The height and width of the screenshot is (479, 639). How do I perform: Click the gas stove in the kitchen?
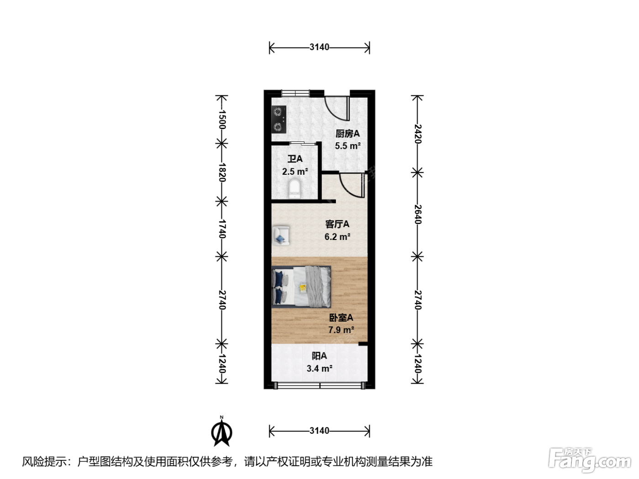278,119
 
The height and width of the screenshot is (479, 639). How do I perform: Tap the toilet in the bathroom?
294,189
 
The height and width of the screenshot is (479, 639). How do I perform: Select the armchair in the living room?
281,235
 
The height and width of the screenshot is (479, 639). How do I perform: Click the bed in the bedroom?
301,287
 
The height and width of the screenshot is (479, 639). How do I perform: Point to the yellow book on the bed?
303,288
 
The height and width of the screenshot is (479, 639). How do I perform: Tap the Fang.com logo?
590,460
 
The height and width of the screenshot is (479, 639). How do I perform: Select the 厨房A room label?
348,134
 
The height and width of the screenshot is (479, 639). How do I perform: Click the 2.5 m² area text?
295,172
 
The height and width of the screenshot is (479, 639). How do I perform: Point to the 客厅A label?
337,224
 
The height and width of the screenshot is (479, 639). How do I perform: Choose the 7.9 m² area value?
341,330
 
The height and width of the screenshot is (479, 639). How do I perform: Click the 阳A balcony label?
319,356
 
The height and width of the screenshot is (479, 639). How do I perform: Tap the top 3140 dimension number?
319,47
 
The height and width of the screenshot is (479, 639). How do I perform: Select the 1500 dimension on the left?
222,119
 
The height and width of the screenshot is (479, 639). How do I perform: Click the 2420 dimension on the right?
418,134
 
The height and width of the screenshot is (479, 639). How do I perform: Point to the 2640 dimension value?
418,214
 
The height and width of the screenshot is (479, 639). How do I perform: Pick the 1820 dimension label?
222,172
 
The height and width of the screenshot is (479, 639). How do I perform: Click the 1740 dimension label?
222,229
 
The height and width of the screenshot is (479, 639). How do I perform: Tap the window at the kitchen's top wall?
295,94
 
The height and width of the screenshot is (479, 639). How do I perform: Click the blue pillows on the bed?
278,287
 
